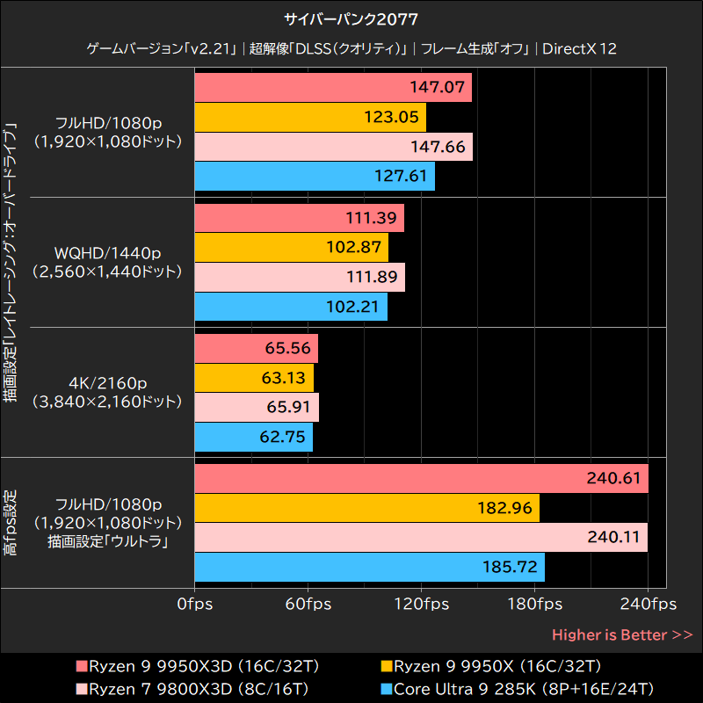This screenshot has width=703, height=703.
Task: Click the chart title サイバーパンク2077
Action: (x=351, y=19)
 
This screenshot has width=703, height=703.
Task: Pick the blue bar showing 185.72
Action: (x=368, y=568)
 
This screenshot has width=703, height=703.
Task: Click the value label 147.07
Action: (x=438, y=88)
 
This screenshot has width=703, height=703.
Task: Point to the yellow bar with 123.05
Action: (x=309, y=117)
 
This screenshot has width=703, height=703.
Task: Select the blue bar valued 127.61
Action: (x=314, y=176)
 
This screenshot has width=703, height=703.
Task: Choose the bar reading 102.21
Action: (x=290, y=307)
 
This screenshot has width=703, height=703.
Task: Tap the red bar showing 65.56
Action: (x=255, y=348)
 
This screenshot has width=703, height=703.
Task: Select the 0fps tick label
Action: (x=194, y=605)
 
